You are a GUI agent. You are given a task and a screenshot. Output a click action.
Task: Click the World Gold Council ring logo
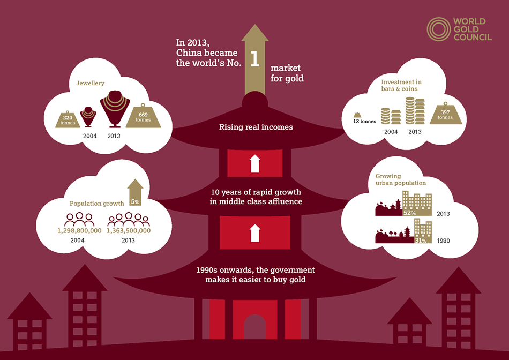438,29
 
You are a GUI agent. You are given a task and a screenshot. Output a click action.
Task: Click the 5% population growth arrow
136,194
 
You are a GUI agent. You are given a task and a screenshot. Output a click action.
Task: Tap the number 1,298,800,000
79,230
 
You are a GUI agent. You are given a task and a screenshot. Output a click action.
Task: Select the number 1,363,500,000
129,230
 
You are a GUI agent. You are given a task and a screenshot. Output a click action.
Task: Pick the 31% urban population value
421,241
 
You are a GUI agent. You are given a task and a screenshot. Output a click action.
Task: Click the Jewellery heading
90,83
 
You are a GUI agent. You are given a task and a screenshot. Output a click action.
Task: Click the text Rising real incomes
254,127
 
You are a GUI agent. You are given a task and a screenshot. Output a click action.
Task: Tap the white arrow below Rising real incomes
255,163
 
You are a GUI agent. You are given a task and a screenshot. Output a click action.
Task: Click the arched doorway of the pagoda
254,328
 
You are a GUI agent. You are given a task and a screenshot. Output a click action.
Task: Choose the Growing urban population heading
401,179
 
